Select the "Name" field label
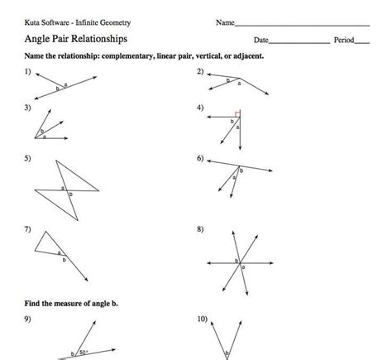225,22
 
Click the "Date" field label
261,40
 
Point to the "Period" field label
343,40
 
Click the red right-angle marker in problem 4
237,114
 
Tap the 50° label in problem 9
84,352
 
